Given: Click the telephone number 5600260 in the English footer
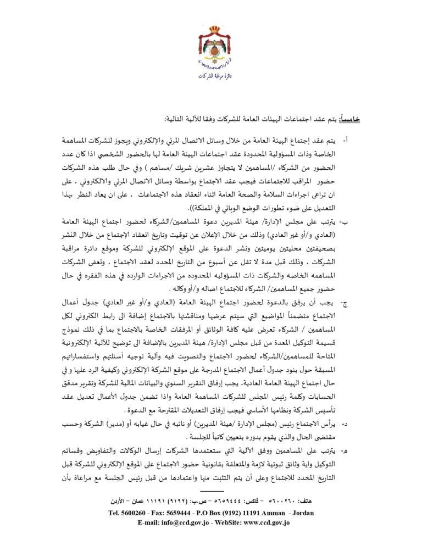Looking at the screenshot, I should pos(134,513).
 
